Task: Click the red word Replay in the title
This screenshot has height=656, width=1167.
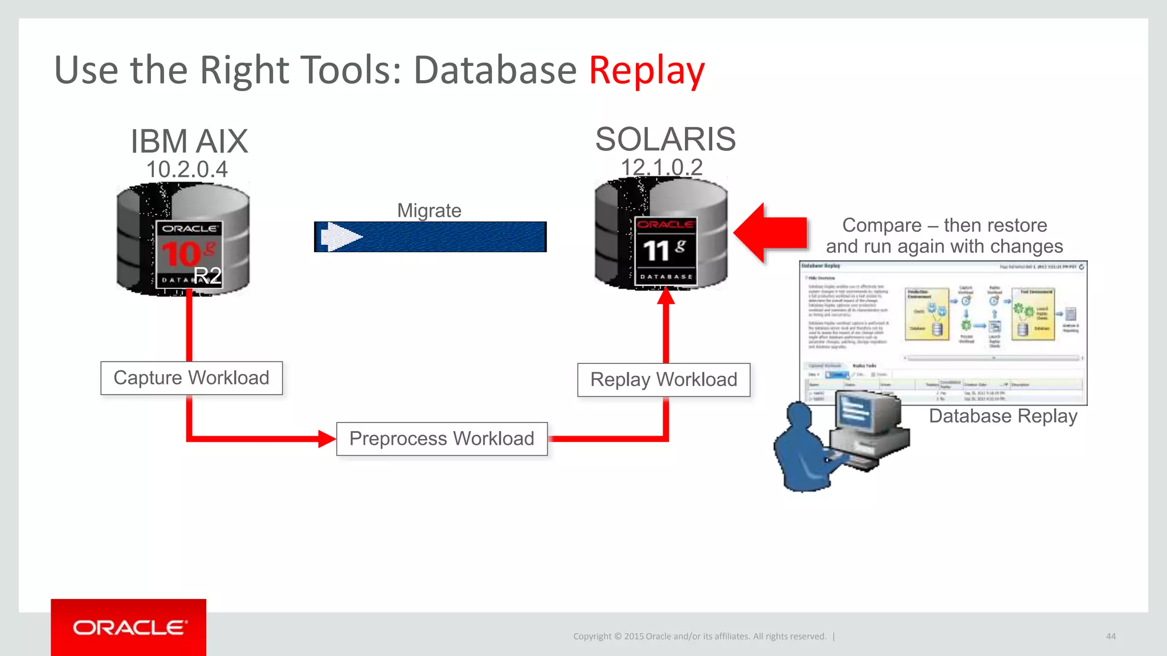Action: pos(646,71)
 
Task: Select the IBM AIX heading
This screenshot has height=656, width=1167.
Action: pos(189,141)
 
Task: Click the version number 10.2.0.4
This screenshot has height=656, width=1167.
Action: pos(187,170)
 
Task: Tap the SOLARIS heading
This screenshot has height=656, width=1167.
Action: pos(665,140)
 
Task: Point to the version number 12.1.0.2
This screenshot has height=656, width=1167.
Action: pos(662,167)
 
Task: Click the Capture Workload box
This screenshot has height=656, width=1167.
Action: pos(191,378)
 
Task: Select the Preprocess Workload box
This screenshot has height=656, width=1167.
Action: pos(442,438)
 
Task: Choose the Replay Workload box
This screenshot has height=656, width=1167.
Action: pos(664,380)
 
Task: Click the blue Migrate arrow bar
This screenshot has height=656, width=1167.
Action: pos(430,237)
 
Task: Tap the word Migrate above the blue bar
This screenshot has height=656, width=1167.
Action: pos(429,211)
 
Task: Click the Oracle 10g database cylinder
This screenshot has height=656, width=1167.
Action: pos(182,239)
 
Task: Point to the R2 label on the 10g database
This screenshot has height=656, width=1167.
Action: pos(207,276)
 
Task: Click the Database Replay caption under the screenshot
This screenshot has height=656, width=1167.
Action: pos(1003,416)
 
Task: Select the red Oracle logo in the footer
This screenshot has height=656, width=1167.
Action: pos(129,627)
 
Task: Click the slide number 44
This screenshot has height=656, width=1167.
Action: pos(1111,636)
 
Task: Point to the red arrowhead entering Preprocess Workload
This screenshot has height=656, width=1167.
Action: pos(327,438)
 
